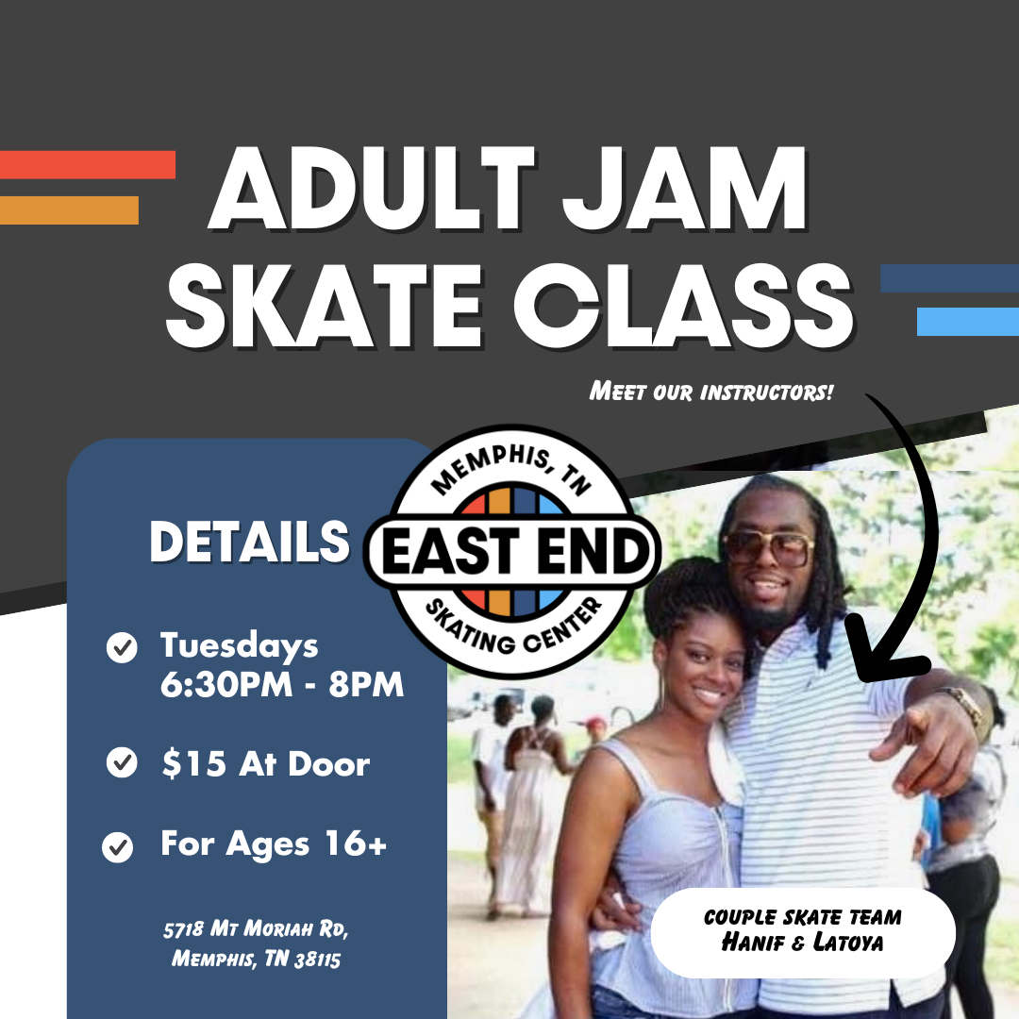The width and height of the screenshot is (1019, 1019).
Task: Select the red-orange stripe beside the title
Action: pos(88,164)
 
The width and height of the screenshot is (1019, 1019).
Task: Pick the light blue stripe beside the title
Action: pos(968,322)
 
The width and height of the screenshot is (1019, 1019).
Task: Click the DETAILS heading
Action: pos(249,542)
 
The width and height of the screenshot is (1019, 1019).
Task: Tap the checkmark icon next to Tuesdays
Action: pos(122,647)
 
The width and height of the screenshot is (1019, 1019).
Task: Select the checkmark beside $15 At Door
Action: pos(122,762)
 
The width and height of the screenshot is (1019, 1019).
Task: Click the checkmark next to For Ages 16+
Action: pos(118,846)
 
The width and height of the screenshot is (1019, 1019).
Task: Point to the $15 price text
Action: pos(193,763)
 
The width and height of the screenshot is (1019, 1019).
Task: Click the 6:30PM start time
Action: pos(226,684)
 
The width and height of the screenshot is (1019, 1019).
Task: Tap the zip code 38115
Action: pos(317,960)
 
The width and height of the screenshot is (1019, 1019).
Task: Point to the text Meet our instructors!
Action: pos(711,392)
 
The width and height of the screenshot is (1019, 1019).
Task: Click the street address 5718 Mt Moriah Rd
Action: pos(256,929)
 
